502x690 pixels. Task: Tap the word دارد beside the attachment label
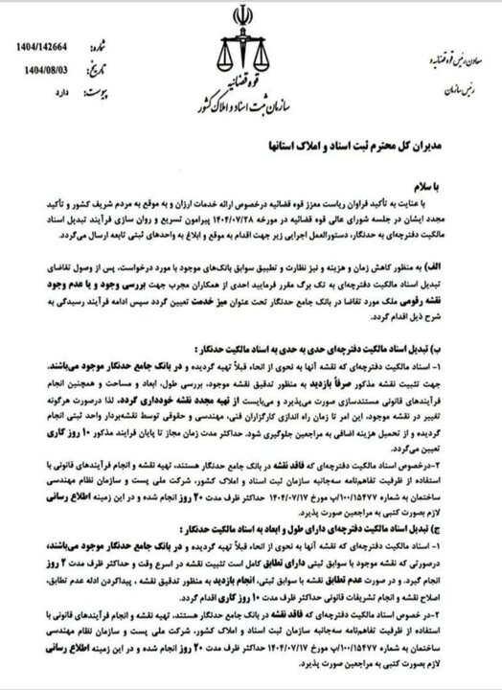coord(58,93)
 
